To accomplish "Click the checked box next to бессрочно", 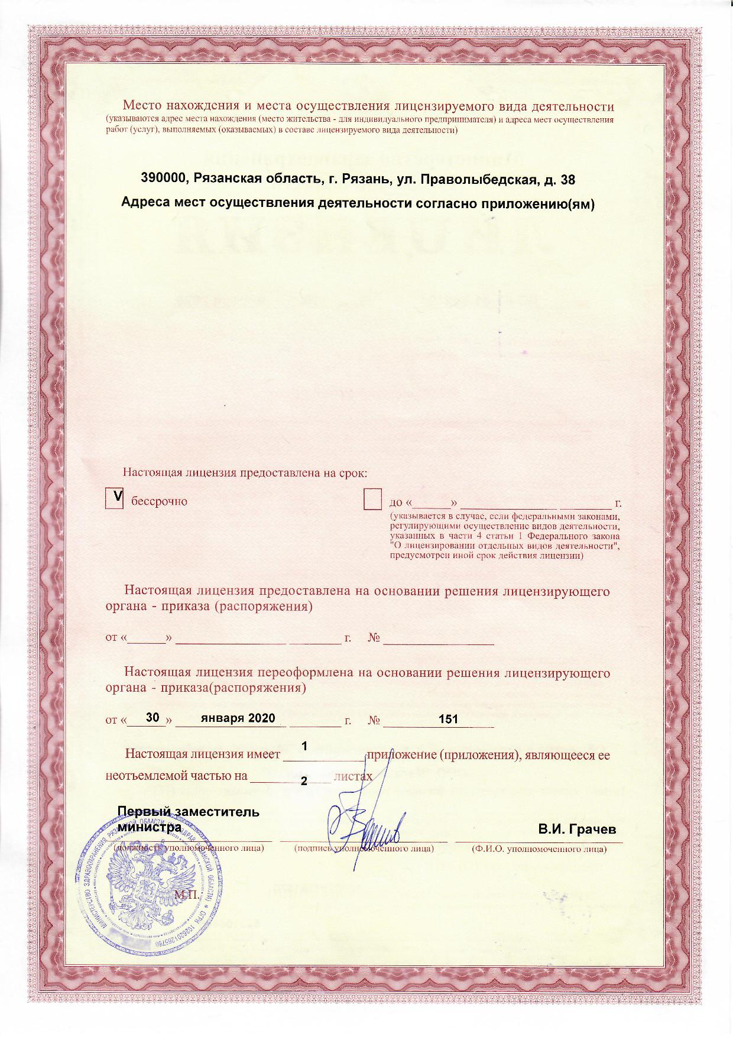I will tap(114, 498).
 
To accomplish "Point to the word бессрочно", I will tap(159, 501).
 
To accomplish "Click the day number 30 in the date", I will tap(153, 718).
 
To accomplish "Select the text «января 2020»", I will tap(238, 718).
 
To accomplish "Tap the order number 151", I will tap(448, 719).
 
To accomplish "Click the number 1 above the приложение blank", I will tap(304, 747).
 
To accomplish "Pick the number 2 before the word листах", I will tap(304, 781).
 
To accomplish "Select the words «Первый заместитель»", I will tap(189, 811).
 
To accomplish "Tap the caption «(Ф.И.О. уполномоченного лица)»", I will tap(539, 849).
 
